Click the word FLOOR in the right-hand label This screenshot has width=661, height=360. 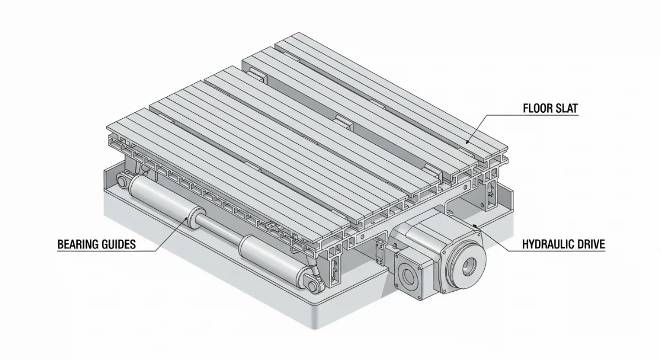pos(536,108)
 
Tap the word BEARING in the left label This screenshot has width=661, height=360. pos(77,244)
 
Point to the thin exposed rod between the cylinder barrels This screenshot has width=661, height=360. pos(220,232)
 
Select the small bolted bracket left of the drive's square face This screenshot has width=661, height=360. pos(378,253)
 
